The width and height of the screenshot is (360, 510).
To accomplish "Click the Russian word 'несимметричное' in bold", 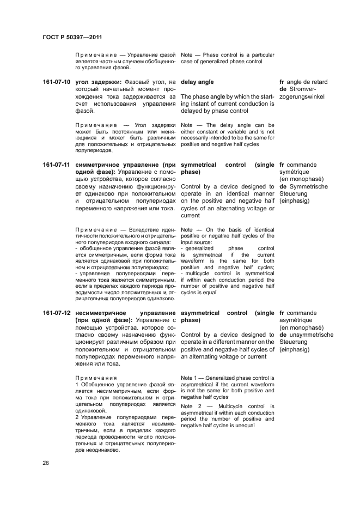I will tap(103, 313).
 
